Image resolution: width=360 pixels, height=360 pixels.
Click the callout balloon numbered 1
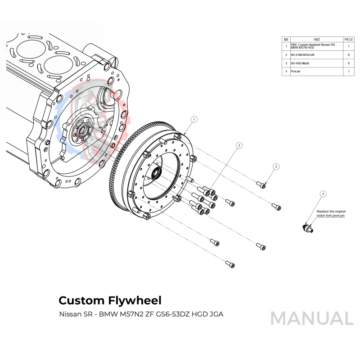[194, 120]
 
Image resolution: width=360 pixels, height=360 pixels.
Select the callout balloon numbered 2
[239, 145]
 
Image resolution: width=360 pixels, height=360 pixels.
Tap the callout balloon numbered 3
[276, 166]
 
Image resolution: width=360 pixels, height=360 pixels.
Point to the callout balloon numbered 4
[323, 194]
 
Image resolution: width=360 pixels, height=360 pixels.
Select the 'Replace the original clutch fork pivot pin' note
[331, 213]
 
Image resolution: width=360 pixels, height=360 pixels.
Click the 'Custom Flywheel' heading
[110, 300]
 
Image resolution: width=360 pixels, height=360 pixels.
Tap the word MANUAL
[312, 319]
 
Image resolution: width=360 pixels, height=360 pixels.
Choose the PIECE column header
[349, 40]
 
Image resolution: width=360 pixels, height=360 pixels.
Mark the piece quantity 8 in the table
[349, 54]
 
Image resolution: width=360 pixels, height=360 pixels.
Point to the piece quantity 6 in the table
[349, 63]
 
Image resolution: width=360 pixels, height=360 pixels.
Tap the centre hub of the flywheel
[158, 172]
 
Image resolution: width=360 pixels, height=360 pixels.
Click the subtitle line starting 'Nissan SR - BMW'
[141, 314]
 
